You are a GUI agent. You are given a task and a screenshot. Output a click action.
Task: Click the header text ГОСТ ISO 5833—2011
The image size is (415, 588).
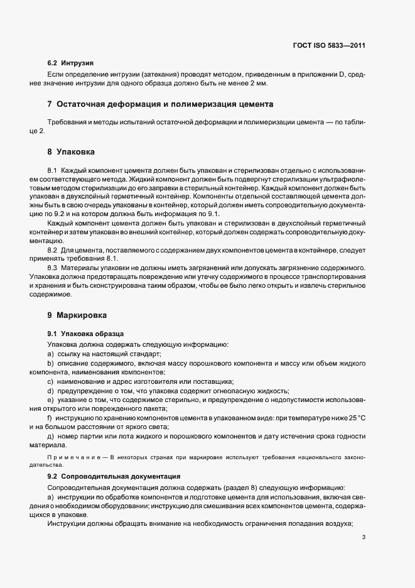click(x=329, y=45)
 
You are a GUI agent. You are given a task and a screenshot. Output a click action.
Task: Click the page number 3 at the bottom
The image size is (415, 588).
click(x=363, y=537)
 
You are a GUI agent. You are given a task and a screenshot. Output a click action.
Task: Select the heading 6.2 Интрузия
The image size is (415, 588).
click(x=70, y=63)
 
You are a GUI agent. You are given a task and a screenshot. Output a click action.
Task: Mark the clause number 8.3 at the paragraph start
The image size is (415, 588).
click(x=53, y=268)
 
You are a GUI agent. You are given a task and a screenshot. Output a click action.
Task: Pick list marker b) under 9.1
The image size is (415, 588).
click(x=51, y=363)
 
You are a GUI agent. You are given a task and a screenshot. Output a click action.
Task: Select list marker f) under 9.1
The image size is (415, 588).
click(x=50, y=417)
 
